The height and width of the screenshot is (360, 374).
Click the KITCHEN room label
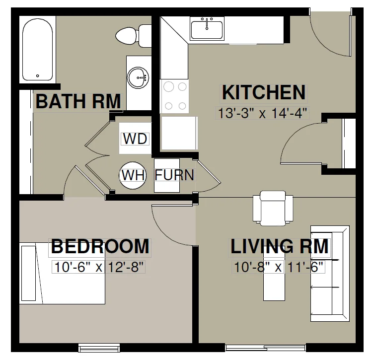click(264, 92)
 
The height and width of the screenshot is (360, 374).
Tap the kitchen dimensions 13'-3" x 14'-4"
click(262, 113)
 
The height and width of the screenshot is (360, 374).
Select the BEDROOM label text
click(100, 246)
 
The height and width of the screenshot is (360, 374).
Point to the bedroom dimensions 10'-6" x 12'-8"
click(99, 267)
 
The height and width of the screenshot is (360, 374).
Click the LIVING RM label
click(280, 246)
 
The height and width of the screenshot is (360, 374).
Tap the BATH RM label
click(78, 102)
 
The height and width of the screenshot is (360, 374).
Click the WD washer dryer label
click(135, 139)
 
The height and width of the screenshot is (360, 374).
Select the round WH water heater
click(133, 175)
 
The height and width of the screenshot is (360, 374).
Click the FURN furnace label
click(174, 175)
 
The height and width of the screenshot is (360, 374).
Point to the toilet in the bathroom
click(134, 36)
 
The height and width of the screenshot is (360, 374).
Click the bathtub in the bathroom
click(37, 50)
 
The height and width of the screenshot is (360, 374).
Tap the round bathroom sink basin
click(138, 78)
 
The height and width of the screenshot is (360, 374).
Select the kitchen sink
click(207, 28)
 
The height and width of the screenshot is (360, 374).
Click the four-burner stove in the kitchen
click(174, 96)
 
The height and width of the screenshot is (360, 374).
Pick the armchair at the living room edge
click(273, 209)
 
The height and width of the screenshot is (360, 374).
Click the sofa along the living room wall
click(330, 274)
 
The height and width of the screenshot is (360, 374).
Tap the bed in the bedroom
click(62, 274)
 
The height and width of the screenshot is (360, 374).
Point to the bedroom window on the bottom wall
click(99, 348)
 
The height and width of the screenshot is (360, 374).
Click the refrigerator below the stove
click(179, 133)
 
